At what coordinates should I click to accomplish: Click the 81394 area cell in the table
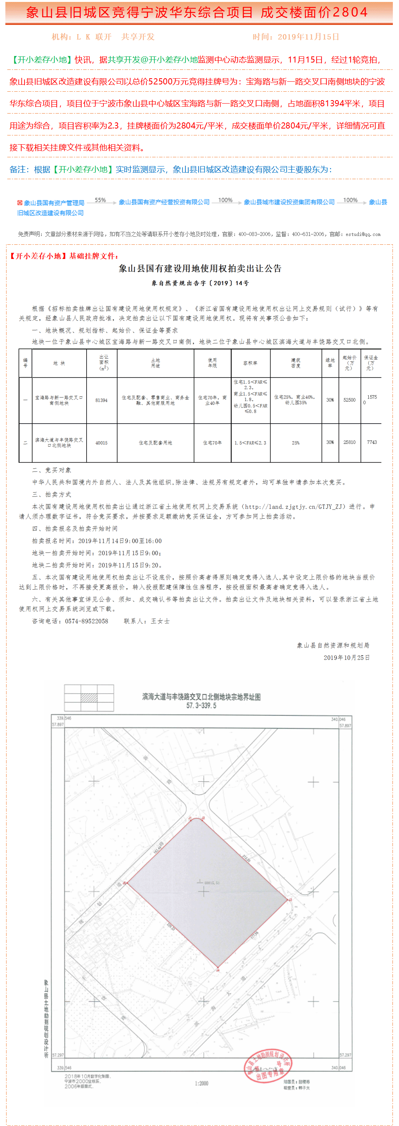coord(101,401)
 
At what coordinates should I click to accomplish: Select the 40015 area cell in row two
coord(101,443)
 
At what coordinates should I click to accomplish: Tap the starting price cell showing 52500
coord(349,400)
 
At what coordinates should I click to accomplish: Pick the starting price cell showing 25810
coord(349,442)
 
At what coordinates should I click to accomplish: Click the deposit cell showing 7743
coord(372,442)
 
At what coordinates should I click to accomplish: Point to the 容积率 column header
coord(250,363)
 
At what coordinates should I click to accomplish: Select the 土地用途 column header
coord(155,363)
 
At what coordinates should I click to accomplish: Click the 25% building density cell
coord(296,443)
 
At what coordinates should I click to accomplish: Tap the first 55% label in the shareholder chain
coord(100,200)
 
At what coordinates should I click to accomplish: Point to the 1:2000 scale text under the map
coord(201,1083)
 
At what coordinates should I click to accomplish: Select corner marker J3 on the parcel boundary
coord(289,900)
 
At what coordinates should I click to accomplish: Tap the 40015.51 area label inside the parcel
coord(212,882)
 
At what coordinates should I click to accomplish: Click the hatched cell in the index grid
coord(89,697)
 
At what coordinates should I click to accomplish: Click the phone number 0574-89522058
coord(87,621)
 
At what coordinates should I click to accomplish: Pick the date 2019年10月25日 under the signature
coord(346,658)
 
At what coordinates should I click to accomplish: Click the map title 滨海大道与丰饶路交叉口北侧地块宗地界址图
coord(201,697)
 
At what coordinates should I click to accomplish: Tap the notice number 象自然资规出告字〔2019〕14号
coord(200,283)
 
